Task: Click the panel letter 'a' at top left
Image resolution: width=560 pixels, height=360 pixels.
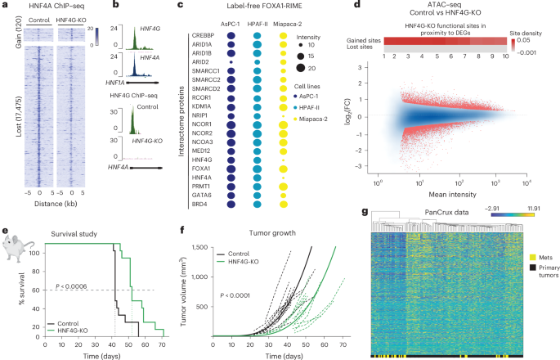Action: click(5, 7)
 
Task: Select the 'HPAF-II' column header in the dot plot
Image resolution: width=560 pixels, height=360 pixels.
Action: click(259, 23)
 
